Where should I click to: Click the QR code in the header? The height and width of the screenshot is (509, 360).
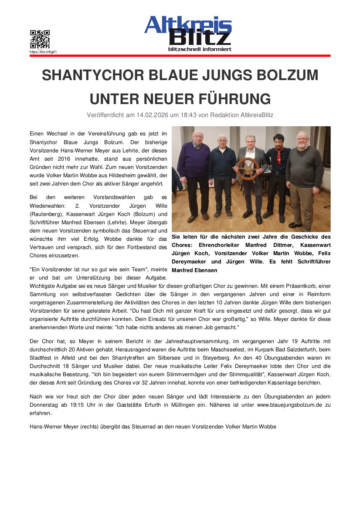(40, 39)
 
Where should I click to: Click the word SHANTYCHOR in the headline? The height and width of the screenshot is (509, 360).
(92, 75)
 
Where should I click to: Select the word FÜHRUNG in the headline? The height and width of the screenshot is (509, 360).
(236, 99)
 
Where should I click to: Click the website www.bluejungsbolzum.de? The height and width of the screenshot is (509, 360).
(287, 405)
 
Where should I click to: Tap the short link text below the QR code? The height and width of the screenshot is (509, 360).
(43, 52)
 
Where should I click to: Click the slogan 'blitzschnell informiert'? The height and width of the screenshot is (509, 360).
(200, 49)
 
